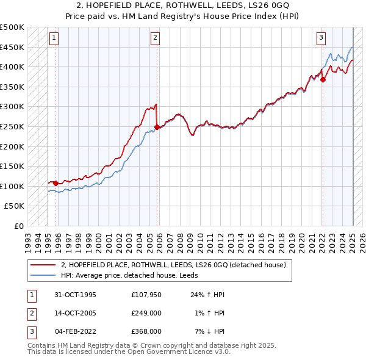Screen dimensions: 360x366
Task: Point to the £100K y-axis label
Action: click(x=12, y=186)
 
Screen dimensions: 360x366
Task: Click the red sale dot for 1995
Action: click(x=56, y=183)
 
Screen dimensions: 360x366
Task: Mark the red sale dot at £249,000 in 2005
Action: click(x=157, y=127)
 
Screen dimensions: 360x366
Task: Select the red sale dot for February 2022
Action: click(x=323, y=79)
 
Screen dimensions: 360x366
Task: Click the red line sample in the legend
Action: click(x=43, y=265)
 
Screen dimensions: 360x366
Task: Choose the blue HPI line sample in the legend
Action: click(x=43, y=275)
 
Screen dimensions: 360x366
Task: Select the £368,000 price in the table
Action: click(x=146, y=331)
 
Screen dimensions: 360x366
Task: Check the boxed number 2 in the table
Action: click(x=30, y=313)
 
